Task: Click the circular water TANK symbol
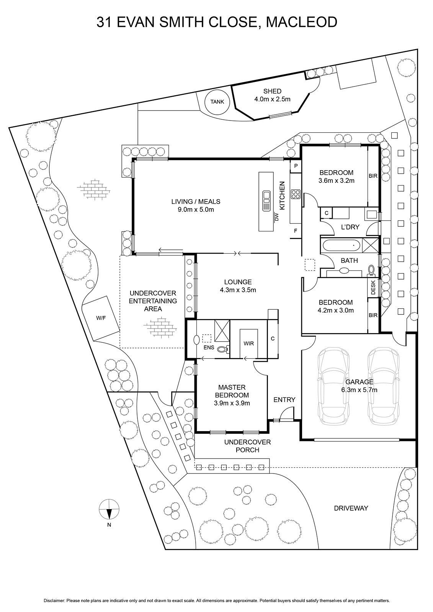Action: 217,102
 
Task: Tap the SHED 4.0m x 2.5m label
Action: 272,95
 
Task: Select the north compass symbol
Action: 109,509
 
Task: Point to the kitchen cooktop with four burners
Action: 296,194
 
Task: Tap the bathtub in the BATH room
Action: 341,245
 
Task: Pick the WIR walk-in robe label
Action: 248,343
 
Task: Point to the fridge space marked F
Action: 296,231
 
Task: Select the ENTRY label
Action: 284,400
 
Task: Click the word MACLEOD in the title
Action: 301,22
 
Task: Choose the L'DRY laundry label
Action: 350,227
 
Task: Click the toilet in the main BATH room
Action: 371,269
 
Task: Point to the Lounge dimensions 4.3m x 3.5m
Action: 238,290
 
